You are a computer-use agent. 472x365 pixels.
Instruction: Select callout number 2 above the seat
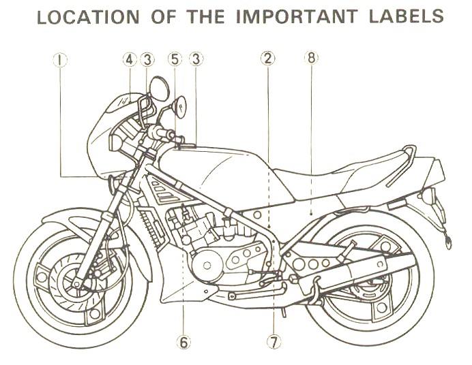pos(268,59)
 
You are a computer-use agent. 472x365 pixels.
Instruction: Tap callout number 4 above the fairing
pos(130,59)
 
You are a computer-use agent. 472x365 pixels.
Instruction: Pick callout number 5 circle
pos(174,59)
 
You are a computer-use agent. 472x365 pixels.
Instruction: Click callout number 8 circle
pos(311,59)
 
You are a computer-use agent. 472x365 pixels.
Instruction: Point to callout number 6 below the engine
pos(183,341)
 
